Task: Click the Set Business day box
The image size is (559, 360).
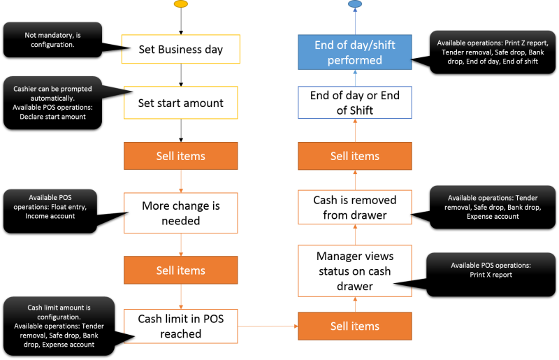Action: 181,50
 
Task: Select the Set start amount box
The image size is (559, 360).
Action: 181,103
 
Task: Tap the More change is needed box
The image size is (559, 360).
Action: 181,213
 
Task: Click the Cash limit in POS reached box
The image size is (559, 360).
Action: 181,326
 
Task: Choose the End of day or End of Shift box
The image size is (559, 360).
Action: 355,103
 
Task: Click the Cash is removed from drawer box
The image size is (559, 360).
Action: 355,208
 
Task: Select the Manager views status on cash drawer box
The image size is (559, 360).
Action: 354,271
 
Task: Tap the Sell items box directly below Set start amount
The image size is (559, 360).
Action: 181,156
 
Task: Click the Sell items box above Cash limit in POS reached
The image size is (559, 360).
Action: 181,271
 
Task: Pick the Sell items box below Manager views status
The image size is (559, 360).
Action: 355,326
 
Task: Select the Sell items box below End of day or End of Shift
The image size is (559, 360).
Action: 355,156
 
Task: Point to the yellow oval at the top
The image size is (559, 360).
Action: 180,4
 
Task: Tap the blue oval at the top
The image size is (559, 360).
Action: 355,4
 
